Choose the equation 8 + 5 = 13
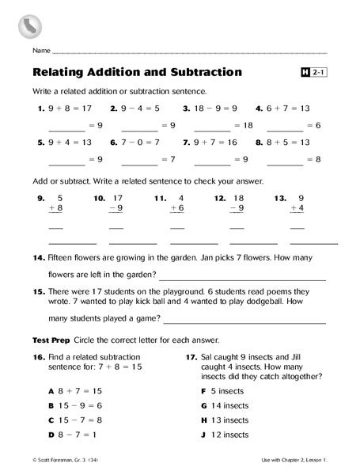297,143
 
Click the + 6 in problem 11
178,208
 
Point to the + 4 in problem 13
297,208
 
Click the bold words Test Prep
50,340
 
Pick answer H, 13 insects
232,420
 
